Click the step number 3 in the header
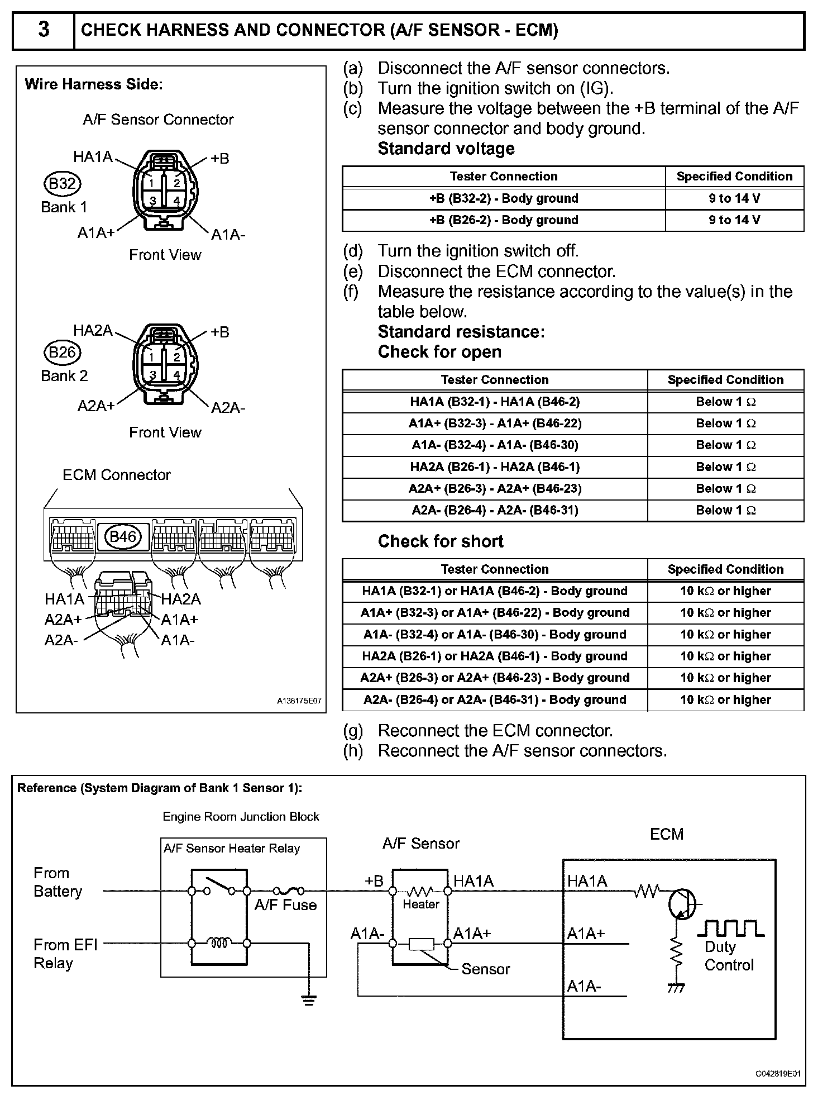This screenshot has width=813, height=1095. tap(43, 30)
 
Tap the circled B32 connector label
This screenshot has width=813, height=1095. tap(62, 183)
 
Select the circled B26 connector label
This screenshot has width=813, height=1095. tap(62, 352)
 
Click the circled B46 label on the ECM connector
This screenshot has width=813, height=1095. tap(123, 536)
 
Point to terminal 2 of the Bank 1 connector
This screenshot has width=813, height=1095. tap(176, 182)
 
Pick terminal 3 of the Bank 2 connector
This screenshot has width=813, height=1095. tap(151, 374)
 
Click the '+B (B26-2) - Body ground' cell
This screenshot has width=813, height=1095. tap(503, 220)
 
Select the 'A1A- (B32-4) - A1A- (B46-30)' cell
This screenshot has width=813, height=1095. tap(495, 445)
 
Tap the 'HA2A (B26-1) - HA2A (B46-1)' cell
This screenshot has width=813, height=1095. tap(495, 467)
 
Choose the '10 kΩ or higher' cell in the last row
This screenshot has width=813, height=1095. tap(725, 700)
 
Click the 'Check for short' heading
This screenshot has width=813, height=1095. tap(441, 541)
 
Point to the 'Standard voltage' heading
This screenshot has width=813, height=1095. tap(446, 149)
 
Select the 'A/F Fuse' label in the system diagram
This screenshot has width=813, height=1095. tap(285, 905)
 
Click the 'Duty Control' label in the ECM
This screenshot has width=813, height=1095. tap(729, 956)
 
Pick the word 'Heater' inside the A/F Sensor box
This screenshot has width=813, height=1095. tap(421, 904)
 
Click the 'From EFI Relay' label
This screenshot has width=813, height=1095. tap(65, 954)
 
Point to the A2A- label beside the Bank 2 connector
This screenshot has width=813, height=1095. tap(228, 408)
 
